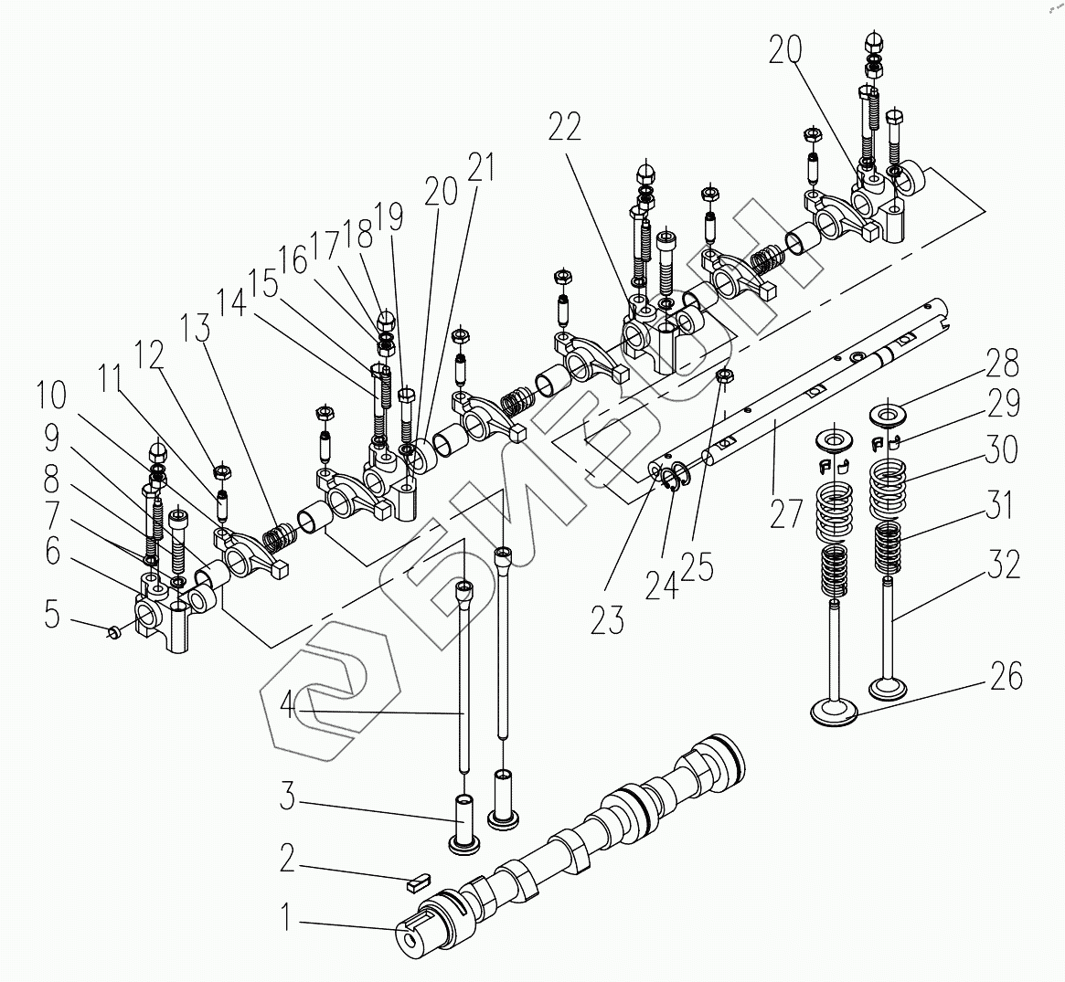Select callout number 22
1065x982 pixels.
coord(565,129)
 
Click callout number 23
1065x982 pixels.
coord(607,620)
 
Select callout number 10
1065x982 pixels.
coord(51,396)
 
